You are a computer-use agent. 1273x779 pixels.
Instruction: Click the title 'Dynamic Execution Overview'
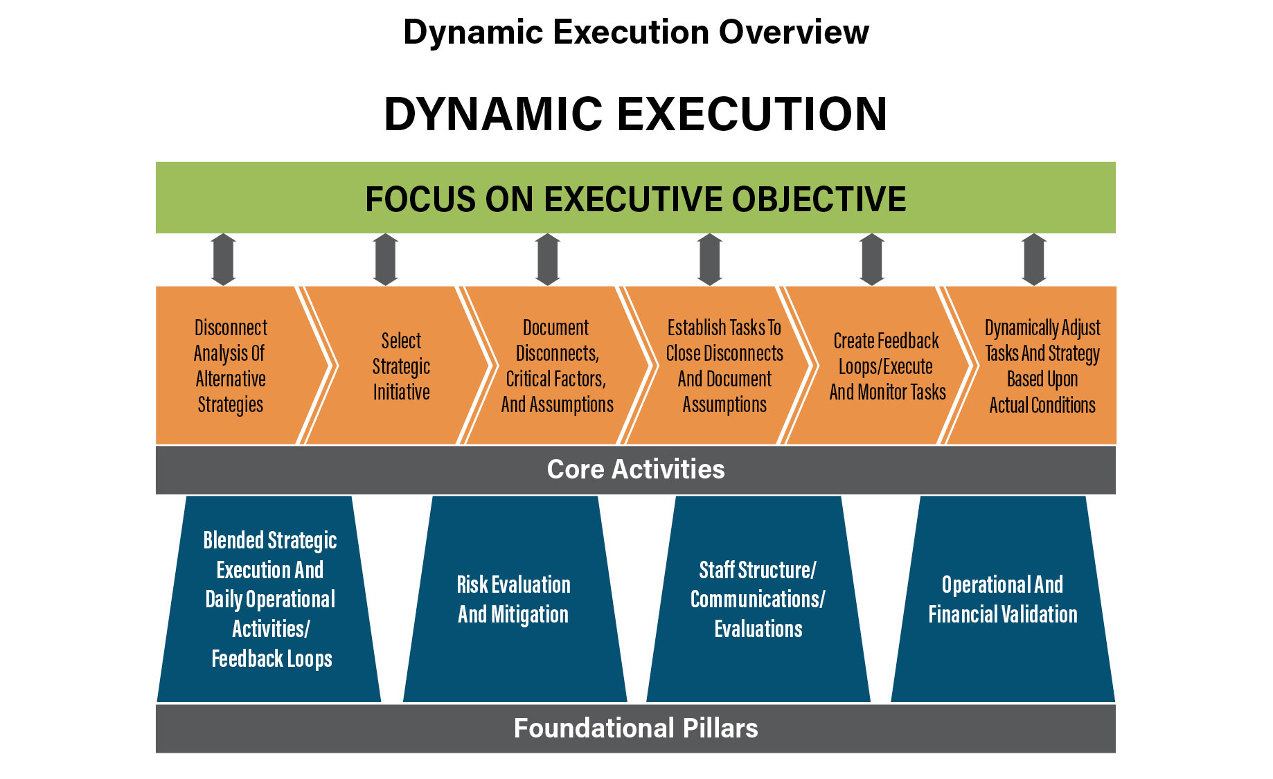(x=636, y=32)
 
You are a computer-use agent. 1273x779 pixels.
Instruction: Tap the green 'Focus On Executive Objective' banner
(x=636, y=198)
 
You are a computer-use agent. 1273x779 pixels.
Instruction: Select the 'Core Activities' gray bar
(x=636, y=469)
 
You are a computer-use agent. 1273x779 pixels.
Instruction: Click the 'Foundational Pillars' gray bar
(x=636, y=728)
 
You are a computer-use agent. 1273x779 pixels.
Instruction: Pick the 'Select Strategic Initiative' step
(x=401, y=366)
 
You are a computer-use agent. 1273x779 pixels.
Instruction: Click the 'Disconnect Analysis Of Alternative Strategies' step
(x=231, y=366)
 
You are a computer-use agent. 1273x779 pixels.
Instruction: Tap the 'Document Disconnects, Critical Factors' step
(x=557, y=366)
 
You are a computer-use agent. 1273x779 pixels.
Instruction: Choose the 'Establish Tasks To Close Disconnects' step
(x=724, y=366)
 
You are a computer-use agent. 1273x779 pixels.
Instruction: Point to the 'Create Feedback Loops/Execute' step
(x=887, y=366)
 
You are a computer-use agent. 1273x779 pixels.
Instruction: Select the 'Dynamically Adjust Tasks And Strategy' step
(x=1042, y=366)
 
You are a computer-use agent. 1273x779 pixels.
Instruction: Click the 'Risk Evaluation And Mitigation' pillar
(x=514, y=599)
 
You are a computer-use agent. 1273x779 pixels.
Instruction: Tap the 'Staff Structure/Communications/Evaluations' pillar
(x=758, y=599)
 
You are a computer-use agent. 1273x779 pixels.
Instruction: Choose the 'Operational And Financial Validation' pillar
(x=1002, y=599)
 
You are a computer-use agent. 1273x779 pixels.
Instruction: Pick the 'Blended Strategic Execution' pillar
(x=270, y=599)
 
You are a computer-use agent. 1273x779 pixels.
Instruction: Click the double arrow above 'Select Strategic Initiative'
(x=386, y=260)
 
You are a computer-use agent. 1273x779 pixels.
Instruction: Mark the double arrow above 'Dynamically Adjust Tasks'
(x=1034, y=260)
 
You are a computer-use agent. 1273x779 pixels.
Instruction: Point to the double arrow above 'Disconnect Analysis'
(x=223, y=260)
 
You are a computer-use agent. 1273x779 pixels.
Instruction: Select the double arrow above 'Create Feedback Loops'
(x=872, y=260)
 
